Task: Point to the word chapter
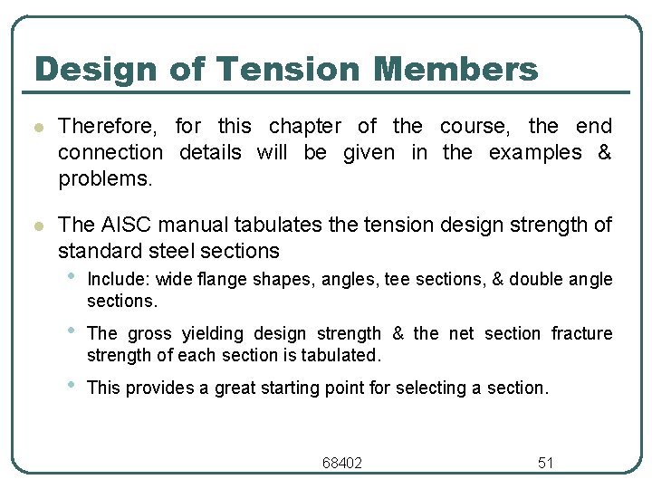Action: pos(305,126)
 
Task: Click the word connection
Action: pos(110,152)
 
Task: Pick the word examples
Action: pos(535,152)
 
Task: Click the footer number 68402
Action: pos(342,463)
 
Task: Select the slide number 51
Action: pos(545,463)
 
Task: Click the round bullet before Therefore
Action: pos(36,127)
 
